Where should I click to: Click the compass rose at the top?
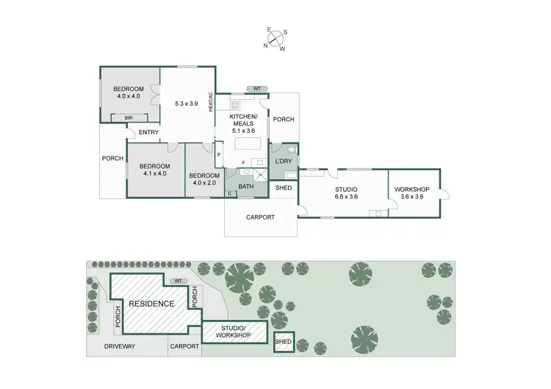coord(276,40)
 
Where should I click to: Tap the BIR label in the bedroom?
coord(129,117)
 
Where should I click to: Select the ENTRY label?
coord(148,132)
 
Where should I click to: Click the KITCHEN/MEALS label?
coord(243,123)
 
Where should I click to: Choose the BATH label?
coord(245,186)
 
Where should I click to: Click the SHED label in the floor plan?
coord(284,188)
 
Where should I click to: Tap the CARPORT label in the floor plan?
coord(260,217)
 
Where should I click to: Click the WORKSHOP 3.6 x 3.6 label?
coord(411,193)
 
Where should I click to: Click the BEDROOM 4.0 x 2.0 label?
coord(204,180)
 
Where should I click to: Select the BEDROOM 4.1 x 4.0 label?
coord(155,170)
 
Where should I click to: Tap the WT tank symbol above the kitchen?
coord(256,89)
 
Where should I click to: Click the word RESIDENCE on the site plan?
coord(151,303)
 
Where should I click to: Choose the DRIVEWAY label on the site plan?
coord(118,345)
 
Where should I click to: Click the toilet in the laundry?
coord(292,149)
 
